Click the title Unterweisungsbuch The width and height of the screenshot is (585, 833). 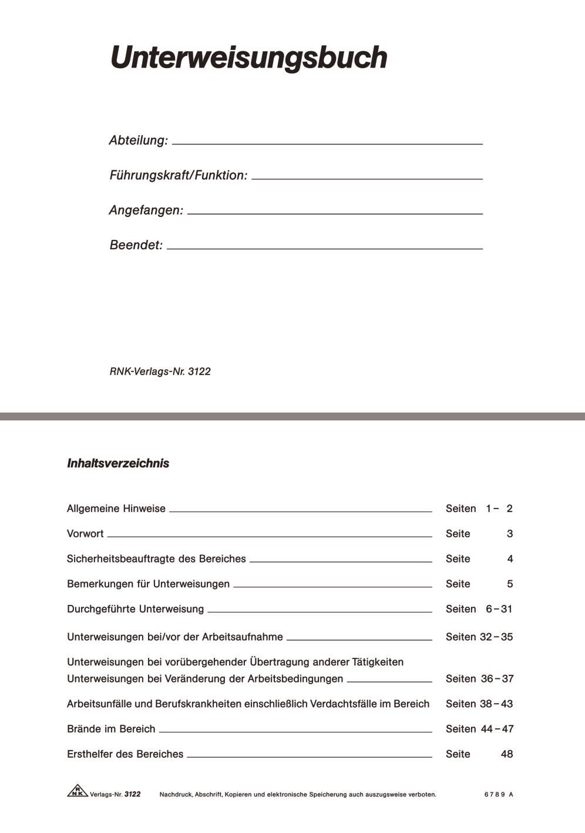pos(248,58)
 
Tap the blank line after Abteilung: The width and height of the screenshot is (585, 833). pos(327,143)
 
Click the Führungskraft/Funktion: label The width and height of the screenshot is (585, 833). pos(178,175)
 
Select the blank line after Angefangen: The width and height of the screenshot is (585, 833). pos(335,213)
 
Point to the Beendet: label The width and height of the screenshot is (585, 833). pos(136,245)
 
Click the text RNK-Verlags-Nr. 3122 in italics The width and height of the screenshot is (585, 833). pos(160,372)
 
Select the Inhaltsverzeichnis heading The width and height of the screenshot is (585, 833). pos(118,463)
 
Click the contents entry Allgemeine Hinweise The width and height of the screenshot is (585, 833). pos(116,509)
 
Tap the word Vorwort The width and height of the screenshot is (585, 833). pos(85,534)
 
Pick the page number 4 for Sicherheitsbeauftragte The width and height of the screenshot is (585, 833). pos(510,559)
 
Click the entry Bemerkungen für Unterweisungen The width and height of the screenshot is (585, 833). pos(148,584)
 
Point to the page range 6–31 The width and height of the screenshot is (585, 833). pos(499,609)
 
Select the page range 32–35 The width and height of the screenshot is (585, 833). pos(496,637)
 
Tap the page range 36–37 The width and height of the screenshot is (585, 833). pos(497,679)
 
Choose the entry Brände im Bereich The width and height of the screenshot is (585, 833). pos(111,729)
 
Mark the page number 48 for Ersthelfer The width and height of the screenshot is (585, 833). pos(506,754)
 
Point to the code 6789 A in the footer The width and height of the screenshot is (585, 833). pos(499,795)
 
